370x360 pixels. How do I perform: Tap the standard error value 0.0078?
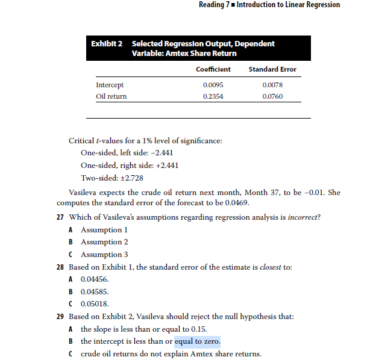[x=272, y=85]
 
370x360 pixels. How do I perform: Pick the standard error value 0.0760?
[x=272, y=96]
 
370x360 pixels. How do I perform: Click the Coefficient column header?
[x=213, y=69]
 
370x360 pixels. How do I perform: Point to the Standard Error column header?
[x=272, y=69]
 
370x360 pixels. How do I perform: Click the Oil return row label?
[x=111, y=96]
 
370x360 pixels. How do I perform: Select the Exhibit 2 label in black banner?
[x=107, y=43]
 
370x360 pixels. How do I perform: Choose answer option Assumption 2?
[x=104, y=242]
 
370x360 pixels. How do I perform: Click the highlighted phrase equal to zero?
[x=197, y=342]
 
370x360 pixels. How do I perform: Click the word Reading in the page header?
[x=213, y=5]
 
